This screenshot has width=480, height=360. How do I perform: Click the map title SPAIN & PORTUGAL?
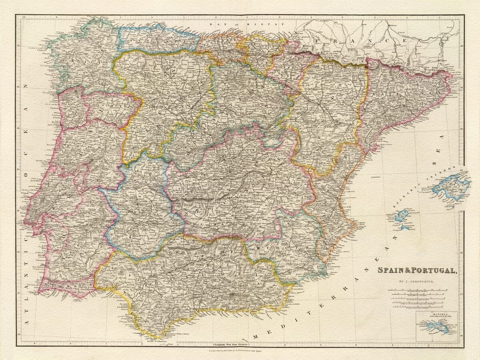tap(417, 270)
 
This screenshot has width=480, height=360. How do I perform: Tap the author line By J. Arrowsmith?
tap(417, 282)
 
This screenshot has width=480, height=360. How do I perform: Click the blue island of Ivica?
tap(401, 216)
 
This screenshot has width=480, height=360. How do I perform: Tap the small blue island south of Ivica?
tap(405, 228)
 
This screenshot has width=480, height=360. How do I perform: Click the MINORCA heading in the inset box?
tap(436, 314)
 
